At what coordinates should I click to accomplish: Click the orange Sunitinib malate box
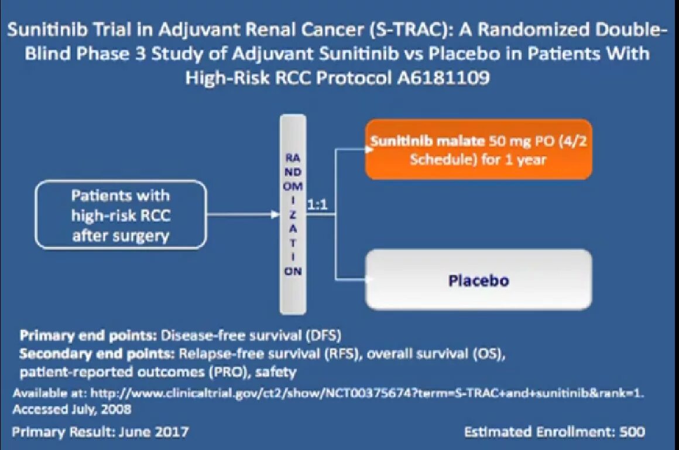coord(478,149)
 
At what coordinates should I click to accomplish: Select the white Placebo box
coord(478,279)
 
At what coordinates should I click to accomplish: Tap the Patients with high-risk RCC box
coord(121,214)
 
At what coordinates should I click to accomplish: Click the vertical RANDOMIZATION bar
coord(293,214)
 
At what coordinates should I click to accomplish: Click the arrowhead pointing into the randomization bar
coord(276,214)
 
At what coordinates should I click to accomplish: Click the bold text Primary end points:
coord(88,336)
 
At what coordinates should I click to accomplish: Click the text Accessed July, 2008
coord(71,408)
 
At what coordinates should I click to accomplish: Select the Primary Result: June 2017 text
coord(101,432)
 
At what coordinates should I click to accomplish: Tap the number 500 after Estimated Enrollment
coord(633,432)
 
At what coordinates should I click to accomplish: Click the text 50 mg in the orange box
coord(507,141)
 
